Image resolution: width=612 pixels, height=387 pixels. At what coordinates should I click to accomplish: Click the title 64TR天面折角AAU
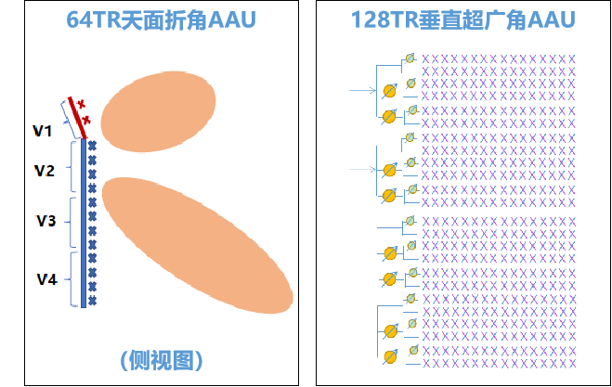161,19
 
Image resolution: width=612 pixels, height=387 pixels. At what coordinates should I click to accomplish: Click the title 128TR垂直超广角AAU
463,19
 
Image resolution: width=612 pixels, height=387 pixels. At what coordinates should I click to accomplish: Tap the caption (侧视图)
162,360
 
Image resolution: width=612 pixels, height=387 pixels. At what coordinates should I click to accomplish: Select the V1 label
42,131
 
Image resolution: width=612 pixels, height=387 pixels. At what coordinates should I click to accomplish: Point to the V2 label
44,171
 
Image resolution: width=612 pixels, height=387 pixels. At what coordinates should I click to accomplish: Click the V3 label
46,221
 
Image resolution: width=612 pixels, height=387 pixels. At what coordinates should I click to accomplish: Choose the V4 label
46,279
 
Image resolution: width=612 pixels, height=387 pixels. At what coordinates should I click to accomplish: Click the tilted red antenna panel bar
77,118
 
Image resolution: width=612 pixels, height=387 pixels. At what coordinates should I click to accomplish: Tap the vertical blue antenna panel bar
84,223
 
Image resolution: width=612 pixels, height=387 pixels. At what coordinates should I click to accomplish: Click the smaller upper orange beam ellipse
158,111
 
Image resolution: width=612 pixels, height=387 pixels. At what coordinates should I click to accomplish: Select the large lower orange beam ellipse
198,245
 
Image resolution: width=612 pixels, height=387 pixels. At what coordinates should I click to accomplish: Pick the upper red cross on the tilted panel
81,104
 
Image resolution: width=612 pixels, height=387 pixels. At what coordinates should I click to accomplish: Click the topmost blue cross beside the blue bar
92,147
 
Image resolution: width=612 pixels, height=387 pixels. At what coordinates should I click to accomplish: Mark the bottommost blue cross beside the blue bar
92,301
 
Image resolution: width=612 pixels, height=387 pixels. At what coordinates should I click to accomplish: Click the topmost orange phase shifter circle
389,91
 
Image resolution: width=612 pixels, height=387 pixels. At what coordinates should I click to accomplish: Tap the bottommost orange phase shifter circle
390,356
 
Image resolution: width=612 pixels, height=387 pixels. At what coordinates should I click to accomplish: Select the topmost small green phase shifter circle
410,58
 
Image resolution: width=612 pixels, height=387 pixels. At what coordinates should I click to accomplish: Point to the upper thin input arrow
362,91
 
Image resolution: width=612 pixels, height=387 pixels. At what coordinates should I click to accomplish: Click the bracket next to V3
71,223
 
